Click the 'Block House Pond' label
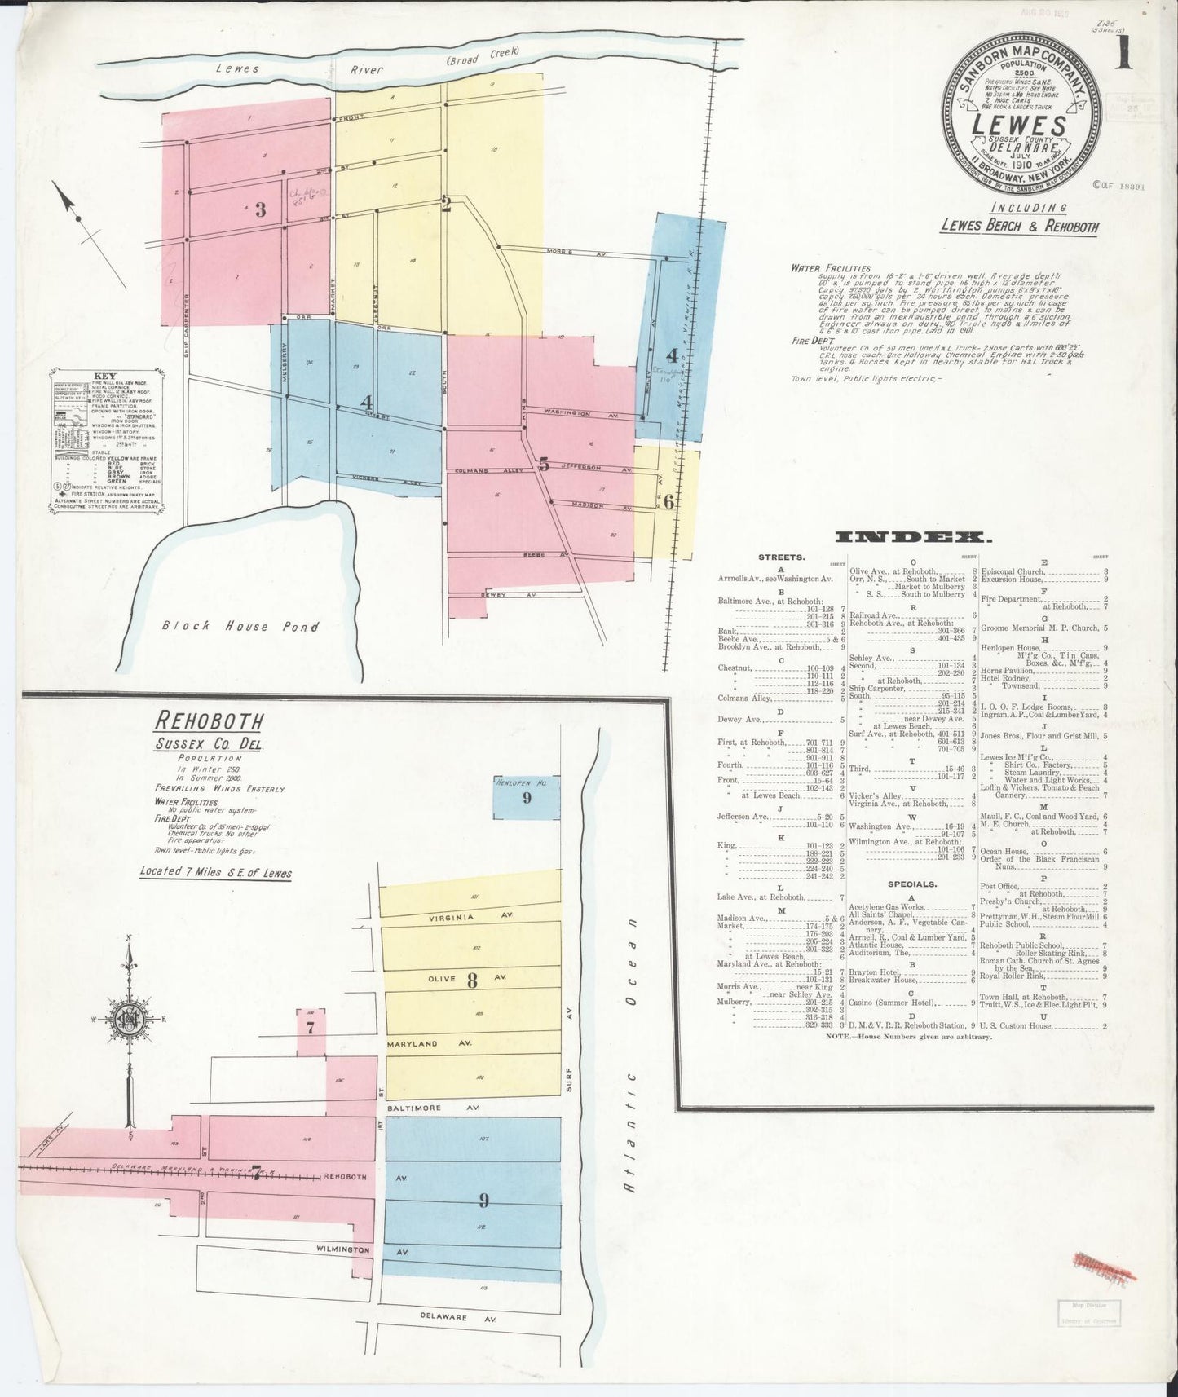[239, 626]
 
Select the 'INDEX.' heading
[912, 537]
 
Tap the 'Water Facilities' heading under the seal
[829, 268]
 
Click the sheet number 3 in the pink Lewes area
[260, 209]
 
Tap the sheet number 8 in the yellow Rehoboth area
[471, 981]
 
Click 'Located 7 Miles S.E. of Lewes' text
[216, 872]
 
